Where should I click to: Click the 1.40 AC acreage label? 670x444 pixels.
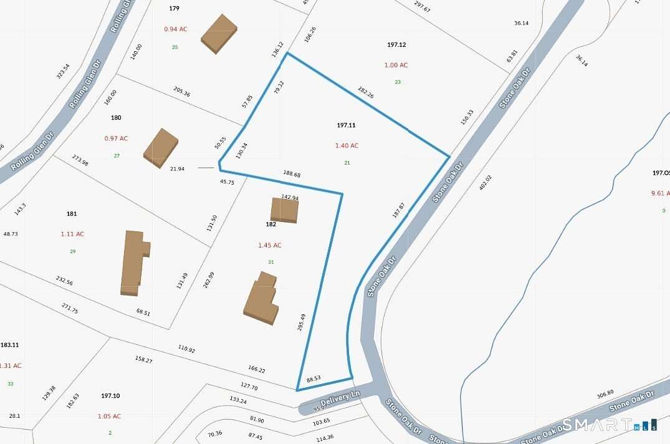click(347, 145)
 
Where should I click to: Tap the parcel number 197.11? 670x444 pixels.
click(346, 125)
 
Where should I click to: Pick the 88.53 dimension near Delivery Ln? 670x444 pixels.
click(313, 379)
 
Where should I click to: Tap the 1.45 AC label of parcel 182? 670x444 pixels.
click(270, 245)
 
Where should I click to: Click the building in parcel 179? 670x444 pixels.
click(219, 33)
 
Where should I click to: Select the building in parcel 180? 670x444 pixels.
click(161, 148)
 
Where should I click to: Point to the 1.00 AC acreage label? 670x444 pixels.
click(396, 65)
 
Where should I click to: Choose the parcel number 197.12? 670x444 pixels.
click(396, 45)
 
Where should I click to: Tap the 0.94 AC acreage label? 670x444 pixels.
click(175, 29)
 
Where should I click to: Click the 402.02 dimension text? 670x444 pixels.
click(485, 186)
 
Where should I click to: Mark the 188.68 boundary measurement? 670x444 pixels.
click(292, 175)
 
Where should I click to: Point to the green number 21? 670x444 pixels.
click(347, 163)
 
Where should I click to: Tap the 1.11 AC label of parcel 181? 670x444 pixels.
click(72, 234)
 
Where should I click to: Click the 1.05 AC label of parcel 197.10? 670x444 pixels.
click(109, 416)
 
